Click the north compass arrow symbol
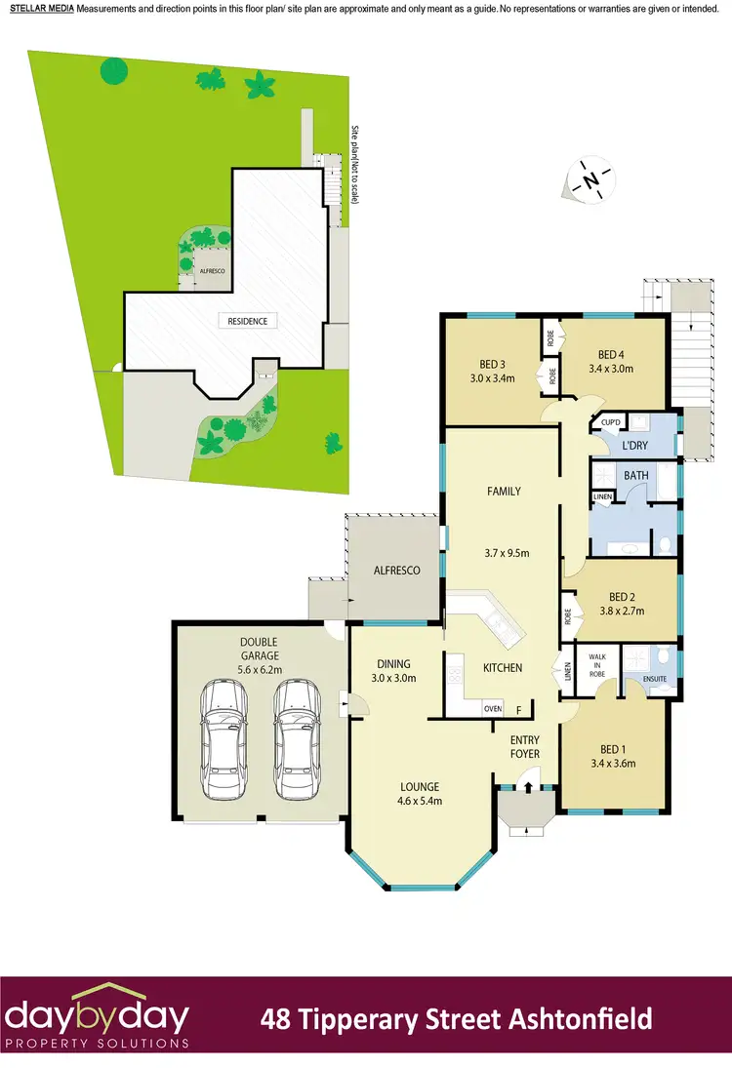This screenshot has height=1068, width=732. [x=591, y=181]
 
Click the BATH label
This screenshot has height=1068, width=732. [x=636, y=476]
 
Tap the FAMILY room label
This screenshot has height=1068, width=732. [x=503, y=492]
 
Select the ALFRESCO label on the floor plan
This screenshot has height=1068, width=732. [x=398, y=570]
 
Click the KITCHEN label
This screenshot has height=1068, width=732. [x=503, y=668]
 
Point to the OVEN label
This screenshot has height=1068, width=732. [x=493, y=709]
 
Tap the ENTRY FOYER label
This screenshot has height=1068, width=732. [x=525, y=747]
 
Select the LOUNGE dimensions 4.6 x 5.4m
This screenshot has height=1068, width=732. [x=419, y=802]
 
